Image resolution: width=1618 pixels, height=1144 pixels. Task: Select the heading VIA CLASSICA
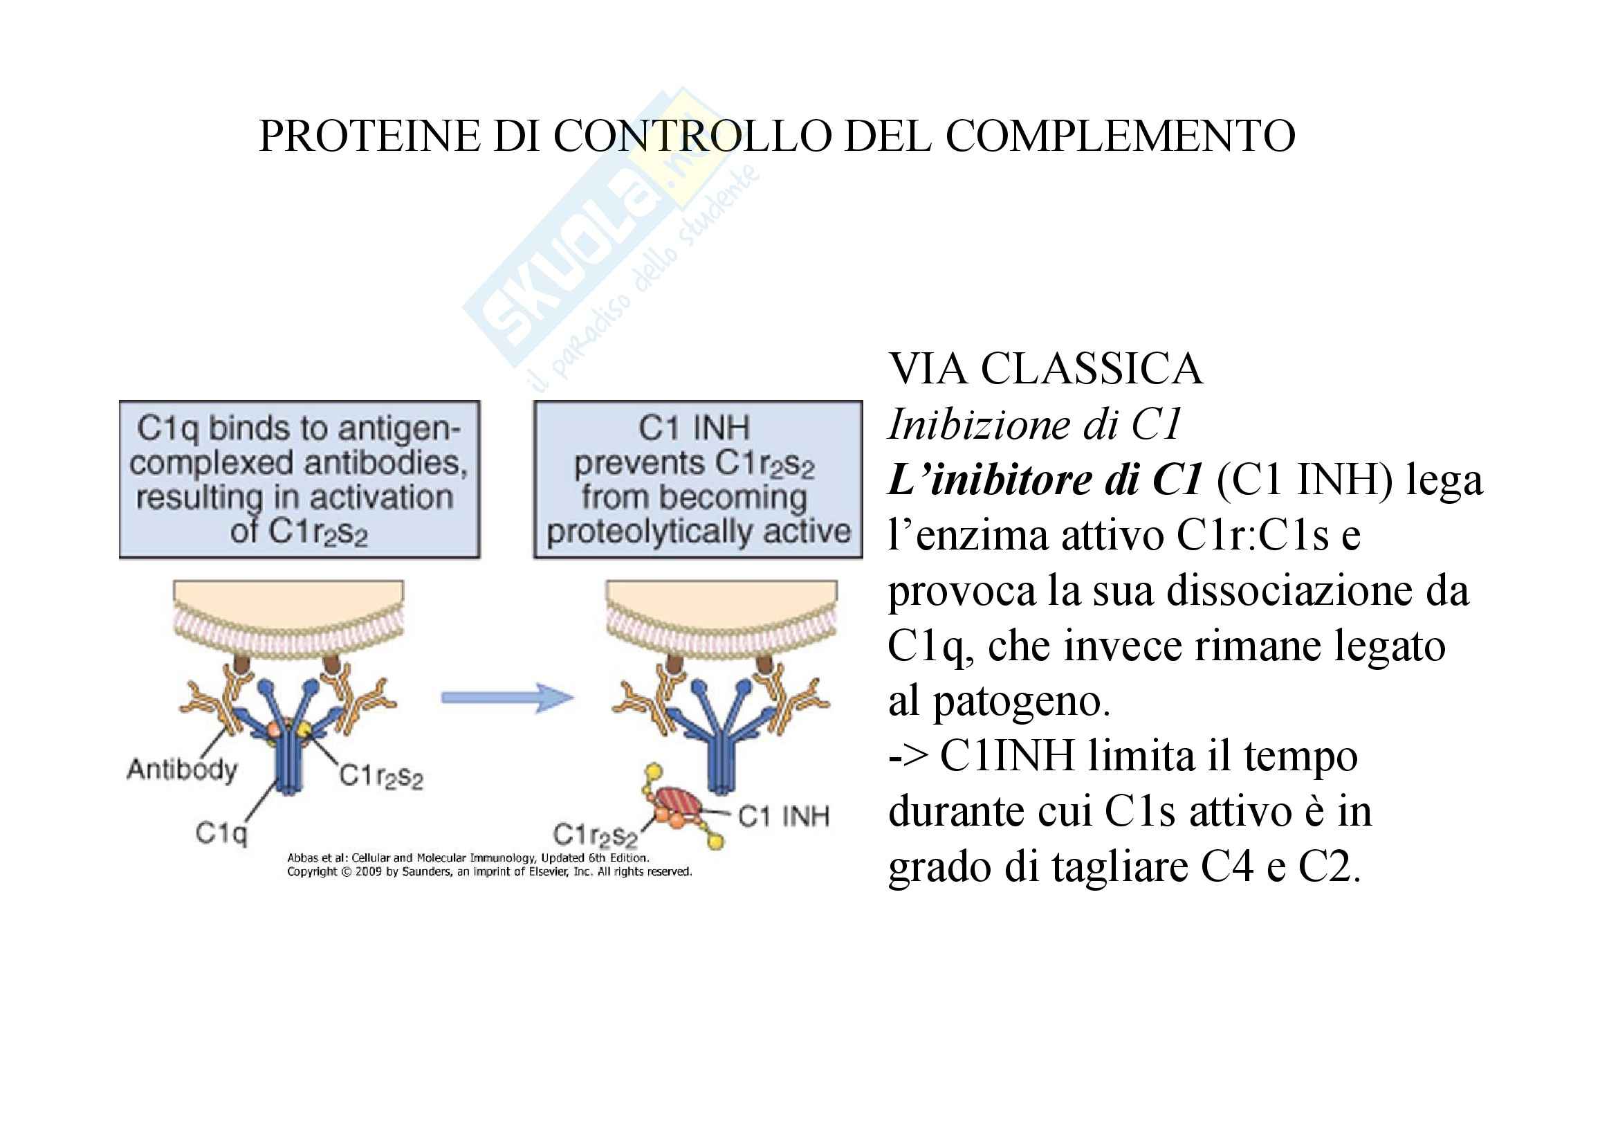click(x=1045, y=369)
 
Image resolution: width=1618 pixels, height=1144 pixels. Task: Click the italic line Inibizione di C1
click(x=1033, y=424)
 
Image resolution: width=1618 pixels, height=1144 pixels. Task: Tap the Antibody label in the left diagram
click(x=182, y=769)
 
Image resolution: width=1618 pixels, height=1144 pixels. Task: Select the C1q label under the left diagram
click(x=221, y=833)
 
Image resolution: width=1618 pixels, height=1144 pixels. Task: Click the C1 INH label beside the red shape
click(x=784, y=816)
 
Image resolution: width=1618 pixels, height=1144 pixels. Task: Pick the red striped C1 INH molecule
click(x=678, y=802)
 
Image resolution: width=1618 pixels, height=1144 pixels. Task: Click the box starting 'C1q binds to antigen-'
click(x=300, y=480)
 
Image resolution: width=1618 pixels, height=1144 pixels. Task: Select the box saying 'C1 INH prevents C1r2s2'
click(x=698, y=480)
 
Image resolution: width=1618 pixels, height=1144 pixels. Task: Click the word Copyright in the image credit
click(x=311, y=872)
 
